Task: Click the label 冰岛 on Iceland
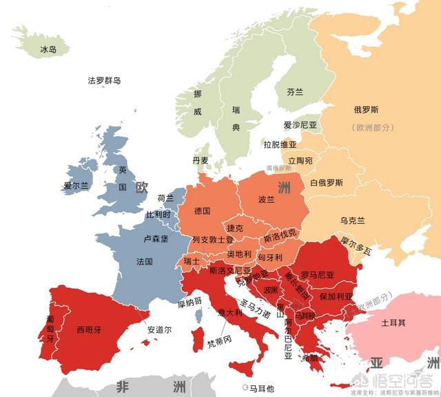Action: click(48, 50)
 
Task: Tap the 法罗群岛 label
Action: click(104, 81)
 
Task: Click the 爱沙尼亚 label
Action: click(300, 125)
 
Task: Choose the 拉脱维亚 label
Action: click(280, 144)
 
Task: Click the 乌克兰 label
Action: click(352, 220)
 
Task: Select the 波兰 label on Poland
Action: click(266, 199)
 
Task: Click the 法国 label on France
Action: click(145, 262)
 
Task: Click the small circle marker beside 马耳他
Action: click(245, 387)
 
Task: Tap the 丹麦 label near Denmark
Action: click(201, 160)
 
